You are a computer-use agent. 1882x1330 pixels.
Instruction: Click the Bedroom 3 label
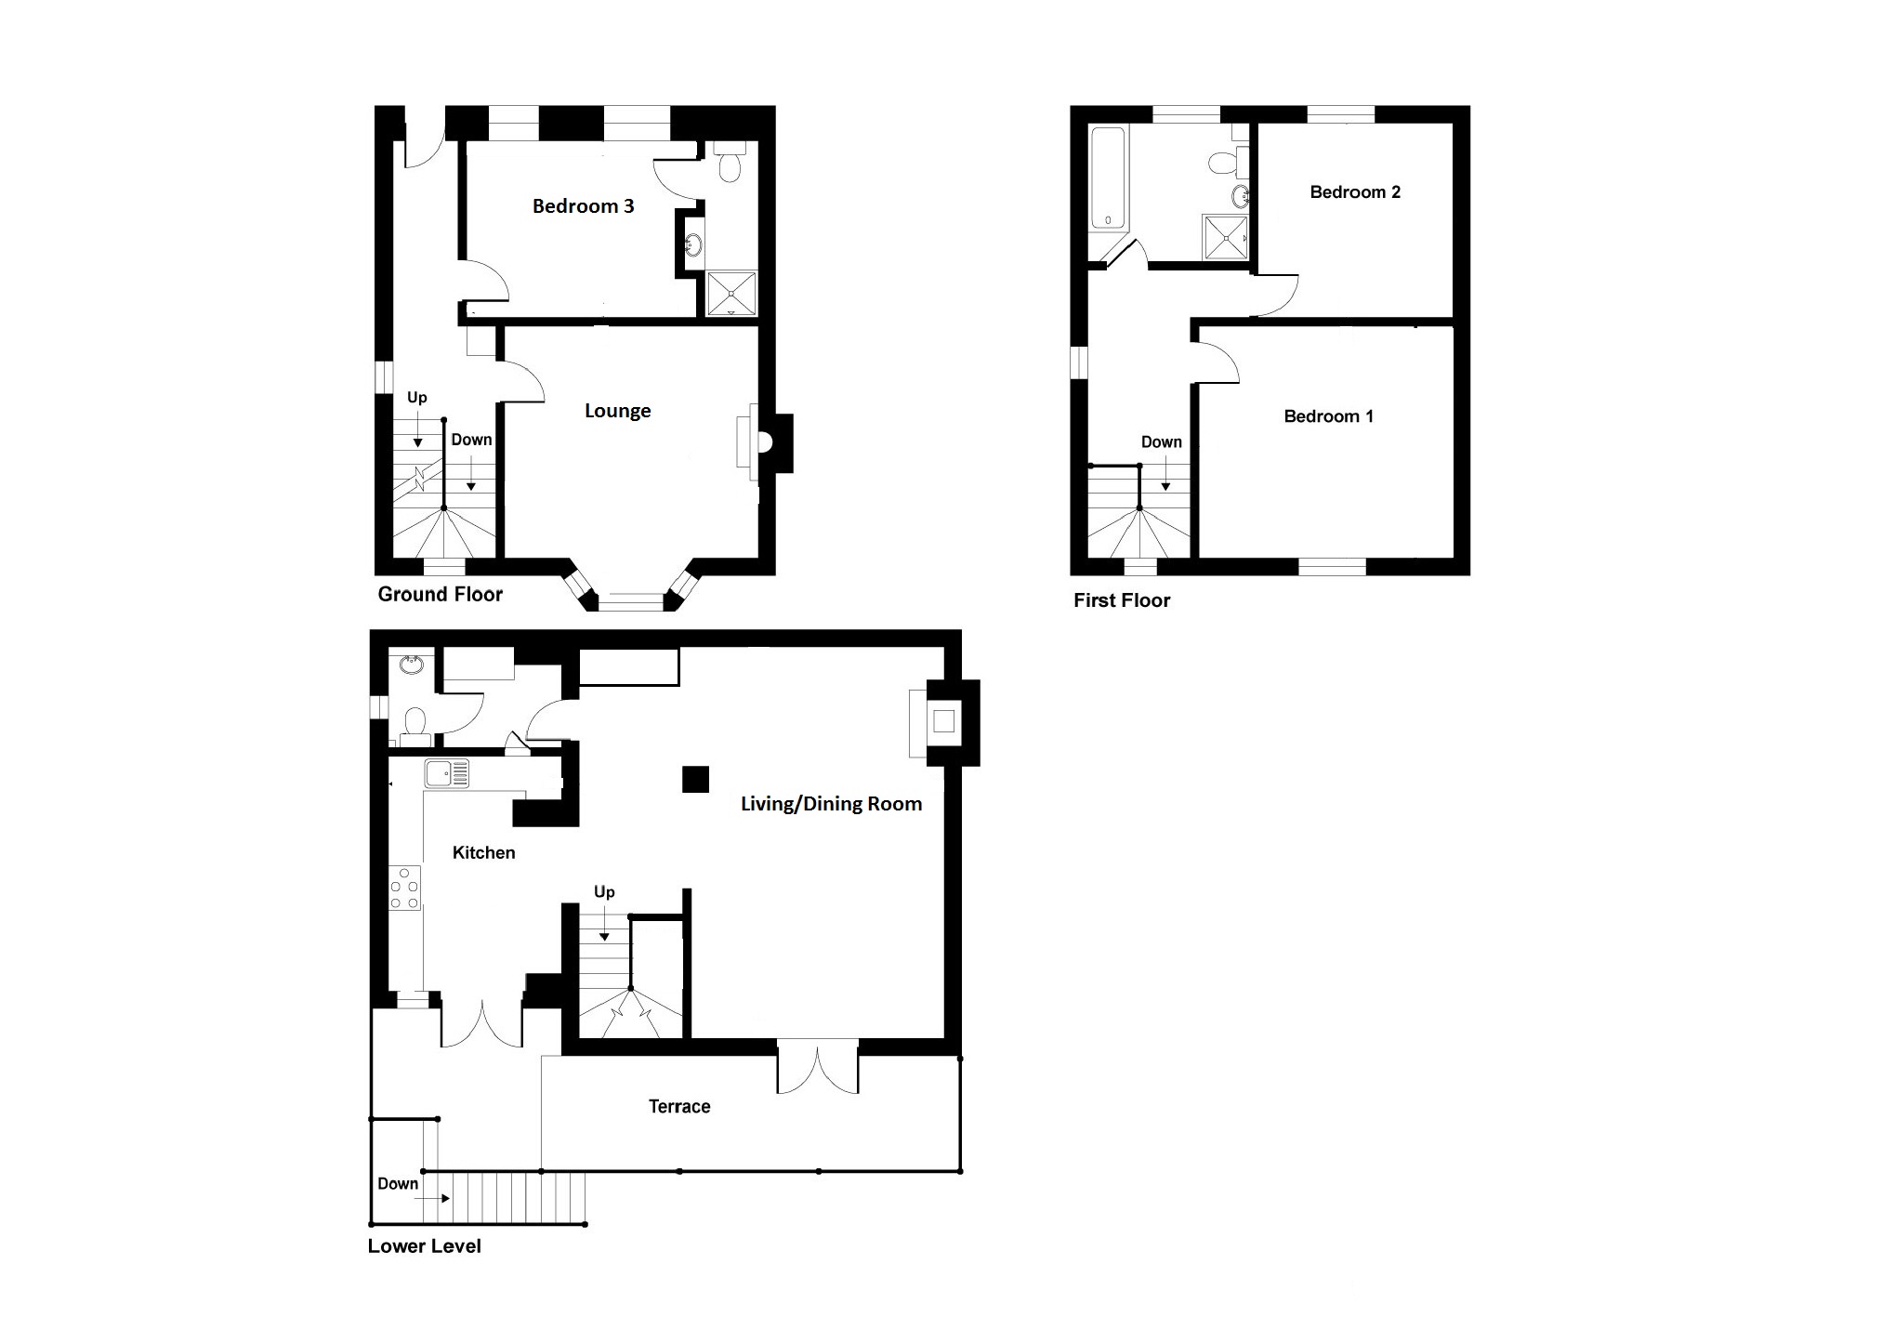pos(583,206)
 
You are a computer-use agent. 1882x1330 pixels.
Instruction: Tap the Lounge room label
pos(617,411)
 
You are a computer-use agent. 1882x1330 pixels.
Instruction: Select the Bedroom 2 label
pos(1354,192)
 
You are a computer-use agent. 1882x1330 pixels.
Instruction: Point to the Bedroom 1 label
pos(1328,416)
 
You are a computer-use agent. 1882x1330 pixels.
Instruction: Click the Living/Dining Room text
pos(831,804)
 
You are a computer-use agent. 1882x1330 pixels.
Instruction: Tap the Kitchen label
pos(483,852)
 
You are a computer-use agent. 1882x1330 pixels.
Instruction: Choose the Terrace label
pos(679,1106)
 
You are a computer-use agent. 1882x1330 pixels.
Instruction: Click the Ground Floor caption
pos(440,594)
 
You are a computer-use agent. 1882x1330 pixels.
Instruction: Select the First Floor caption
pos(1122,600)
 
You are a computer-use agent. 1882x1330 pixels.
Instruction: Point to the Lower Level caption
pos(424,1246)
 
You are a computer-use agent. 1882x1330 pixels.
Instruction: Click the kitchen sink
pos(447,773)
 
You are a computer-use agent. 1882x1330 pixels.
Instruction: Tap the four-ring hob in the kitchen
pos(405,888)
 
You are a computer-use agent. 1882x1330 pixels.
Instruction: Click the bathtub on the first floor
pos(1107,178)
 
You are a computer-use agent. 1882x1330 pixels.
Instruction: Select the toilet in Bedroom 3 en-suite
pos(730,161)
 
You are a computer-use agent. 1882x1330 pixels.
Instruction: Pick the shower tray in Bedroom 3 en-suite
pos(732,294)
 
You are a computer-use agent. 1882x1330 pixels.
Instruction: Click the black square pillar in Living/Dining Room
pos(695,779)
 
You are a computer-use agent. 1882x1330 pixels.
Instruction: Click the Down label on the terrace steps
pos(398,1183)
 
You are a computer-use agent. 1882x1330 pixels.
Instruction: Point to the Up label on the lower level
pos(604,892)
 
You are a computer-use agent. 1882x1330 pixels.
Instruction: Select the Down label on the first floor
pos(1162,442)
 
